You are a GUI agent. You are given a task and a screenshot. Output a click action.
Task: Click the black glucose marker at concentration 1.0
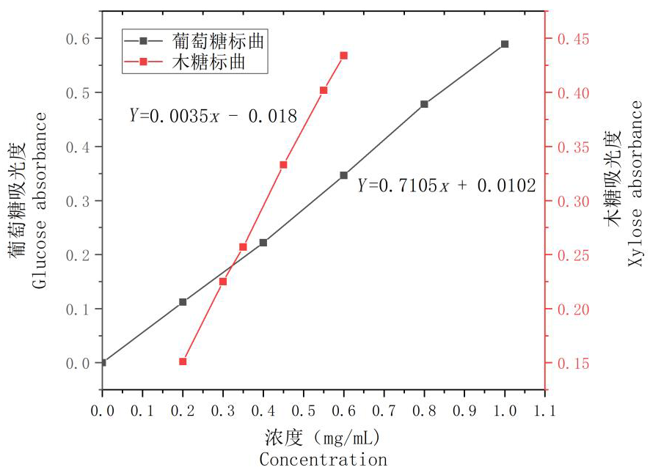(x=505, y=44)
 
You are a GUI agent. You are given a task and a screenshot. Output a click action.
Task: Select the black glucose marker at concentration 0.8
(x=424, y=104)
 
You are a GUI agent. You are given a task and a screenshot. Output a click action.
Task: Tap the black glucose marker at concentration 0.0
(x=103, y=362)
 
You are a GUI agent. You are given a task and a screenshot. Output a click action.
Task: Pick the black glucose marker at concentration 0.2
(x=183, y=302)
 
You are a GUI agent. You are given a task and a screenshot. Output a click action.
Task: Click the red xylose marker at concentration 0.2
(x=183, y=361)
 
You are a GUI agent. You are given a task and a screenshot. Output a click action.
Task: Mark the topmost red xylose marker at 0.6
(x=343, y=56)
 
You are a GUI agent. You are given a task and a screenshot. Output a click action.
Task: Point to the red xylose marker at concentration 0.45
(x=283, y=165)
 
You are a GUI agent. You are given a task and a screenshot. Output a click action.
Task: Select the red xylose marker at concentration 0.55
(x=324, y=90)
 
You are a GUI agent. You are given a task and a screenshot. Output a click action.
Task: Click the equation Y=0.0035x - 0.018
(x=213, y=115)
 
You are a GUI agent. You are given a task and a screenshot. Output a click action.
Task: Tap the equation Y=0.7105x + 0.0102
(x=446, y=186)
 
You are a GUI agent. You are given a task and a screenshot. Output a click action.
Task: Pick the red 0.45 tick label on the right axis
(x=572, y=39)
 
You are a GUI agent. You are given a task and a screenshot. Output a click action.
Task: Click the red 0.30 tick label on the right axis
(x=572, y=201)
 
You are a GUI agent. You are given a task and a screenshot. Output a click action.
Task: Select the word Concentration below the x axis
(x=323, y=460)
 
